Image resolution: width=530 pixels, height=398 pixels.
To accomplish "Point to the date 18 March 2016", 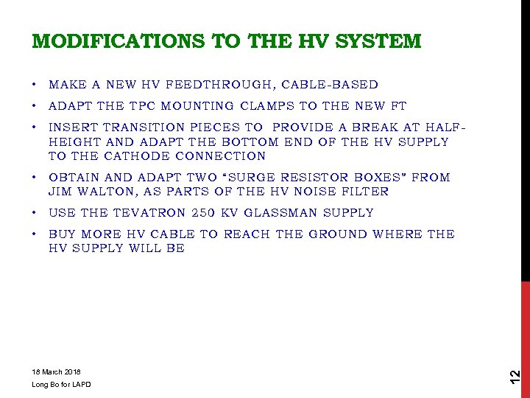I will click(x=57, y=371).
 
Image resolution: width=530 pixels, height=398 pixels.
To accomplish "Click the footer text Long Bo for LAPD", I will click(x=62, y=385).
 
